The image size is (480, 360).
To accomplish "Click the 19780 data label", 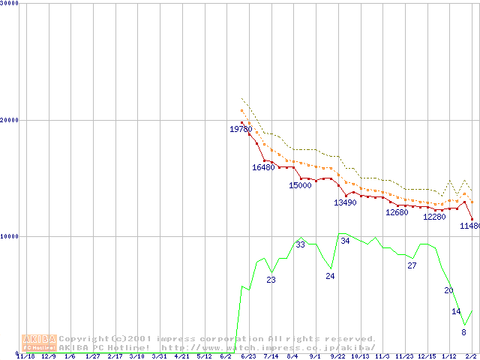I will click(241, 130).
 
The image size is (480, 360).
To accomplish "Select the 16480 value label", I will click(263, 167).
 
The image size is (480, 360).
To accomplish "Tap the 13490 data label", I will click(345, 202).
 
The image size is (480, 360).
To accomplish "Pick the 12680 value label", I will click(397, 212).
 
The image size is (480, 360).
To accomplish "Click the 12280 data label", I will click(434, 217).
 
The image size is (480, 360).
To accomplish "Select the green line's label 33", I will click(300, 244).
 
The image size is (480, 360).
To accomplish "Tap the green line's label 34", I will click(345, 241).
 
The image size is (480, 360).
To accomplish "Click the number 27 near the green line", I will click(412, 265).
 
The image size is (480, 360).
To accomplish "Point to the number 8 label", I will click(463, 332).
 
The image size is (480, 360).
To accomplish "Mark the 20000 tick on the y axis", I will click(9, 120).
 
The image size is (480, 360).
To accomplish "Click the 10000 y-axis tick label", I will click(9, 236).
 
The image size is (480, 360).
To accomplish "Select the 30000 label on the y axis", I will click(9, 4).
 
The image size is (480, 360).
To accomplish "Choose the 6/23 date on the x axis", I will click(247, 356).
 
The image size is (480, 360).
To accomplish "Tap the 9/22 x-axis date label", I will click(337, 356).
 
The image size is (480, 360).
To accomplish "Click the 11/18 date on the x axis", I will click(25, 356).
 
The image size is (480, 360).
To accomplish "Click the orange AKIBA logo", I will click(39, 343).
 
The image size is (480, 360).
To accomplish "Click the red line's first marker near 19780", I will click(241, 123).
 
